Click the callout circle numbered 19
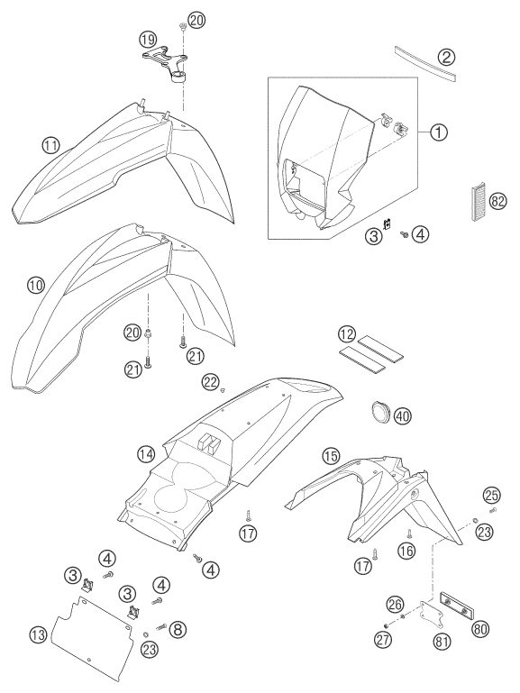[x=148, y=40]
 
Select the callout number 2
[x=446, y=57]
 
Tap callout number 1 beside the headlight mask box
[x=438, y=132]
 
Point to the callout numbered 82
[x=497, y=202]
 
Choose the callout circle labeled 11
[x=50, y=145]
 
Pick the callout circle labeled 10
[x=35, y=285]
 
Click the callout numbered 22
[x=211, y=381]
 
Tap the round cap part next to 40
[x=380, y=411]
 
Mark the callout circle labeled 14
[x=146, y=453]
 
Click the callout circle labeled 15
[x=332, y=456]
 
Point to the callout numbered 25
[x=491, y=495]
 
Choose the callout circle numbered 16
[x=406, y=551]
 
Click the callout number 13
[x=39, y=635]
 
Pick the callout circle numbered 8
[x=178, y=629]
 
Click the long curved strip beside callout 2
[x=425, y=64]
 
